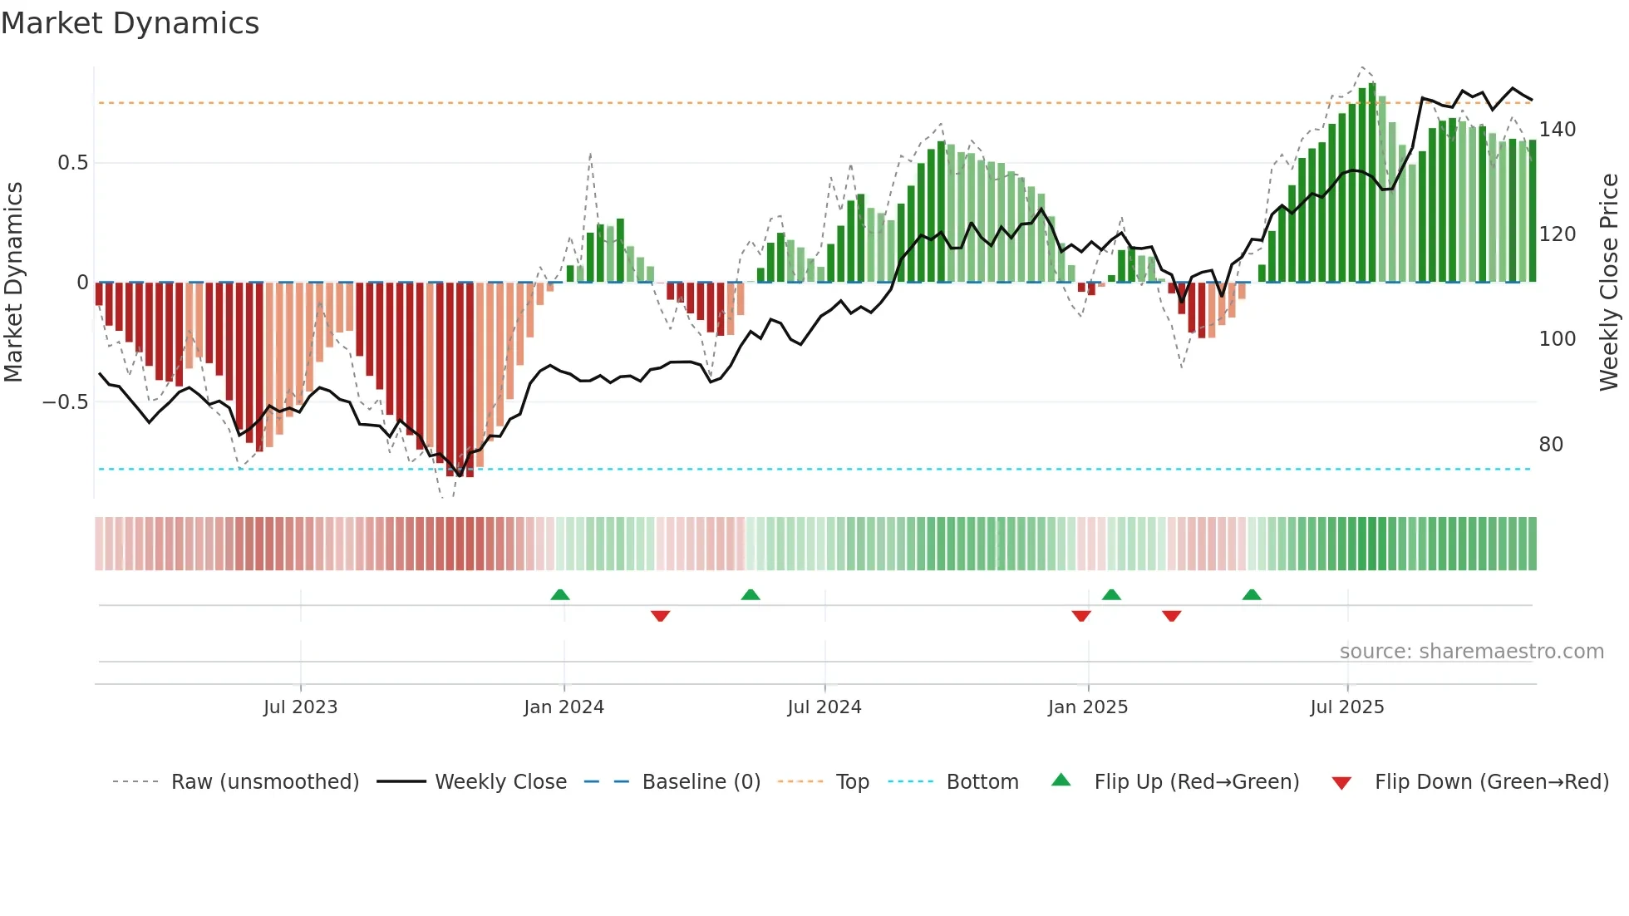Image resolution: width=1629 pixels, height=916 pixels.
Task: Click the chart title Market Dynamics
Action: [x=130, y=23]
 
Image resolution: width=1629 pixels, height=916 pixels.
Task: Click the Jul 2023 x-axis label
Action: [x=300, y=707]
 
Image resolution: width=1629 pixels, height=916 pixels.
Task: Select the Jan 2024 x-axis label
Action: [x=564, y=707]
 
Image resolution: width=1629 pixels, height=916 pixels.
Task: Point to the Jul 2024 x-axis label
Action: [x=824, y=707]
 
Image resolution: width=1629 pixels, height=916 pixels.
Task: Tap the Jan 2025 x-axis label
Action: [x=1087, y=707]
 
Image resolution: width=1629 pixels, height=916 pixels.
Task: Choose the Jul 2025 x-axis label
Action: [x=1346, y=707]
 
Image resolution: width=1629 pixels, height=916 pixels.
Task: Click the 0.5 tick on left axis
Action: [x=72, y=163]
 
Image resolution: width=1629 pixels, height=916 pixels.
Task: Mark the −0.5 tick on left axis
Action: [x=65, y=402]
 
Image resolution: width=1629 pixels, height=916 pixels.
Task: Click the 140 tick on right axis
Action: [x=1557, y=130]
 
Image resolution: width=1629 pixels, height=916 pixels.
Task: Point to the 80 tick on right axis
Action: [x=1551, y=445]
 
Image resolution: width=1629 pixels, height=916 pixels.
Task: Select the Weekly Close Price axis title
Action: [x=1609, y=283]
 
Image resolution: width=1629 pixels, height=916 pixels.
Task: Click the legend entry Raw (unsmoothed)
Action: [x=264, y=782]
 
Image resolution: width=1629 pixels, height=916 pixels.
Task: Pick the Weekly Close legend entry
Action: [x=500, y=782]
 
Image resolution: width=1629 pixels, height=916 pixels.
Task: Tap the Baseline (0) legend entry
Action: [x=701, y=782]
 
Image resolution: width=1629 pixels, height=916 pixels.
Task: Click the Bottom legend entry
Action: [x=982, y=782]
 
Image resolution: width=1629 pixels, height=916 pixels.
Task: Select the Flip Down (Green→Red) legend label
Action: [x=1491, y=782]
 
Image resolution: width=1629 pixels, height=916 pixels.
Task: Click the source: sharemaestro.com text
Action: [x=1471, y=652]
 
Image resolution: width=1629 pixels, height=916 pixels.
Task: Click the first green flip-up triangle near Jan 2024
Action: [x=560, y=595]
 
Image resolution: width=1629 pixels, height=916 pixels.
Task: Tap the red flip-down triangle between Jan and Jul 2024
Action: [x=661, y=616]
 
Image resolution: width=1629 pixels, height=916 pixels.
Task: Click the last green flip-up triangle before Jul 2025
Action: [x=1252, y=595]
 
